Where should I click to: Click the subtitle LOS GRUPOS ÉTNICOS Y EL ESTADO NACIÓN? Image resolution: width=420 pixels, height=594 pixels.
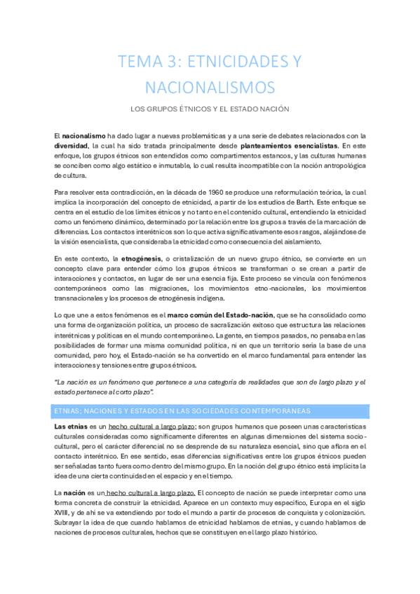[210, 109]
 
